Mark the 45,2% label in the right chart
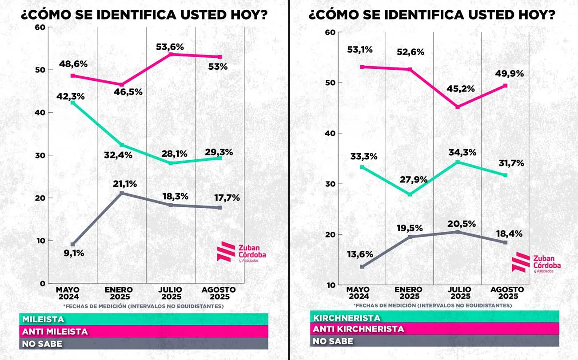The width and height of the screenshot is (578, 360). click(460, 88)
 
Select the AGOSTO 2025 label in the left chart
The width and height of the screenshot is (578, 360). click(219, 293)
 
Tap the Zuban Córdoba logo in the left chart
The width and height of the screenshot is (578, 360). click(242, 252)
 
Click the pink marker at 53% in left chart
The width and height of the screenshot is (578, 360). click(219, 57)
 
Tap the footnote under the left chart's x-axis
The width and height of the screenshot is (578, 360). click(143, 306)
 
